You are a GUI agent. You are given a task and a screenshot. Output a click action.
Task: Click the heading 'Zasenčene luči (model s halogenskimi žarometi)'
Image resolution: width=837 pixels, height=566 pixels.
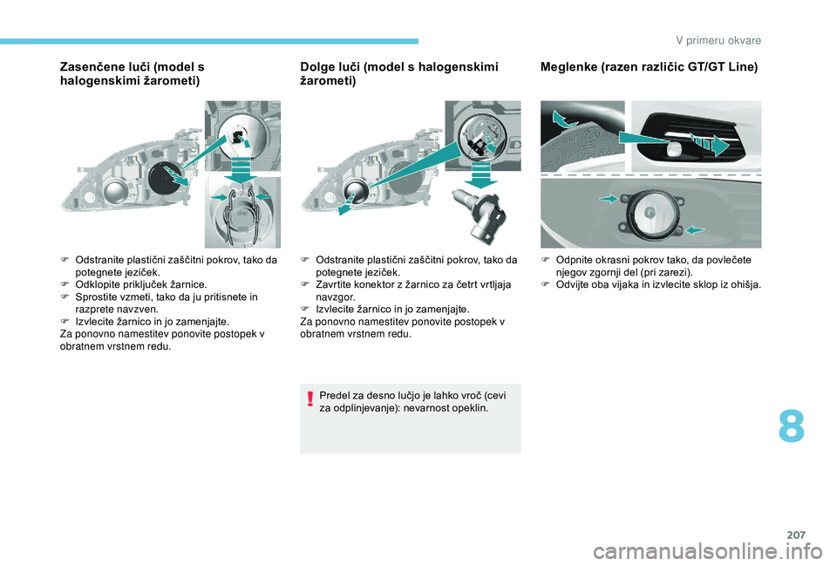coord(133,73)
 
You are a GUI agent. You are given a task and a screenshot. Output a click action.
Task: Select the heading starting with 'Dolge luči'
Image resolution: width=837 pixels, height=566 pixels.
coord(399,73)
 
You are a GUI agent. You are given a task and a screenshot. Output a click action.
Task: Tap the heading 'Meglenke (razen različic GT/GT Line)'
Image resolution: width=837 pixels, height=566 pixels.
coord(649,67)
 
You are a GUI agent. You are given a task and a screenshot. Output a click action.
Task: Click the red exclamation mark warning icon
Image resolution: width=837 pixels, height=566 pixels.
coord(310,399)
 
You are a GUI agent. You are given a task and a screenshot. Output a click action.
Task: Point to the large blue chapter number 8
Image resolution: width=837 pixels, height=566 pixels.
coord(791,426)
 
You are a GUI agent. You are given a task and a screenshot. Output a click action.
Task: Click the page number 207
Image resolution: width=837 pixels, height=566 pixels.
coord(796,535)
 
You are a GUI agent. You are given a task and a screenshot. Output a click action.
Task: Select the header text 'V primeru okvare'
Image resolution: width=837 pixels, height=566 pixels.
coord(718,41)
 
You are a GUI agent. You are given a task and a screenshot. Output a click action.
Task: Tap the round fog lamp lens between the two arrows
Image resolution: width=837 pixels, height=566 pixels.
coord(649,213)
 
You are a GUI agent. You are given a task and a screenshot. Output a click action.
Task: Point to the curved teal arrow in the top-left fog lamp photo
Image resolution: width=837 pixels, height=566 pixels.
coord(566,119)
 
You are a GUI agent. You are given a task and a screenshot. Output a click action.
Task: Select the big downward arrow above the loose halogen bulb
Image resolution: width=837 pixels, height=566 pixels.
coord(481,175)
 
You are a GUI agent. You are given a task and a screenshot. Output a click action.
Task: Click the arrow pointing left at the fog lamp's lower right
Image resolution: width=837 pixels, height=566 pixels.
coord(695,230)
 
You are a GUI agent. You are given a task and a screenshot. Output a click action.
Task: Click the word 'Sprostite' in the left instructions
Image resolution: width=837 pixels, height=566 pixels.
coord(94,297)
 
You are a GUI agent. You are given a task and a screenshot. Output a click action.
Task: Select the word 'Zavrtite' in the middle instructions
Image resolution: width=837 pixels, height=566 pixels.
coord(332,284)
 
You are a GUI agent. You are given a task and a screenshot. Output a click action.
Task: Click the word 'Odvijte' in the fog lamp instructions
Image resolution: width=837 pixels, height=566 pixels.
coord(570,284)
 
